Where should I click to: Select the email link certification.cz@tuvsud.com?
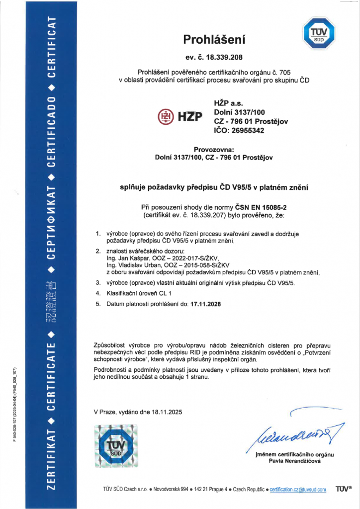[298, 490]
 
